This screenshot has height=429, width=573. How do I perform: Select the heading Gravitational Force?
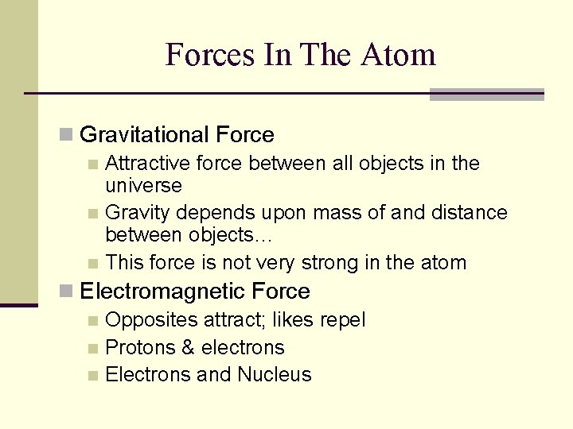pos(177,135)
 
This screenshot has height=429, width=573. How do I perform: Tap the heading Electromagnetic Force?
pos(195,292)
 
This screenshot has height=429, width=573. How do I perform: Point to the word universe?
pos(143,186)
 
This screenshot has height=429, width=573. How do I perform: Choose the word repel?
pos(342,321)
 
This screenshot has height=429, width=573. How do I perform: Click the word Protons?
pos(137,348)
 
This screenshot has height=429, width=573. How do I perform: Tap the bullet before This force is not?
pos(93,264)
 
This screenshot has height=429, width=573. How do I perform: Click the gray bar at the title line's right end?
pos(486,95)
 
